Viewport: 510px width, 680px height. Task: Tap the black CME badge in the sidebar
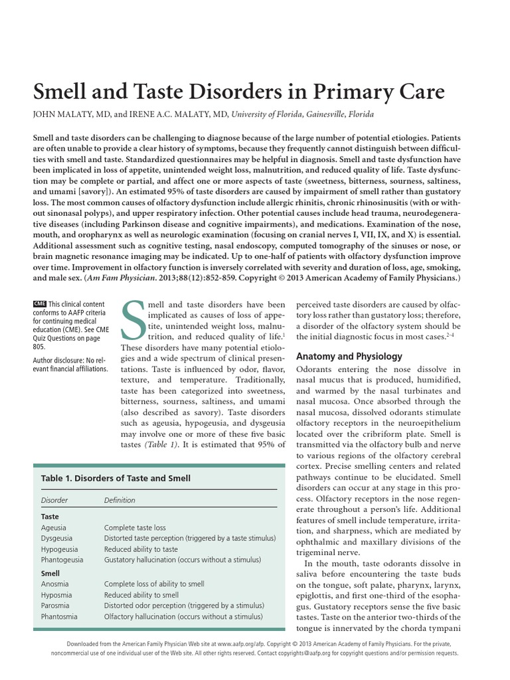pyautogui.click(x=39, y=303)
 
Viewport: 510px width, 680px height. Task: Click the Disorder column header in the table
pyautogui.click(x=54, y=500)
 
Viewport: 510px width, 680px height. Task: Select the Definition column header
pyautogui.click(x=120, y=500)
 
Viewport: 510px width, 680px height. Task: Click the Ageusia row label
pyautogui.click(x=54, y=527)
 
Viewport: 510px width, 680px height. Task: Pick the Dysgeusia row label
pyautogui.click(x=57, y=538)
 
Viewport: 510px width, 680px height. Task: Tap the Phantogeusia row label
pyautogui.click(x=62, y=560)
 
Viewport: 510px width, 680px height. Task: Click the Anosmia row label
pyautogui.click(x=56, y=584)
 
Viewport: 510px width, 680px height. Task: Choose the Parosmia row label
pyautogui.click(x=56, y=606)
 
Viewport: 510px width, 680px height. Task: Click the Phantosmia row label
pyautogui.click(x=60, y=617)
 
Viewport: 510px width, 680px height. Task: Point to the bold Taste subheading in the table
pyautogui.click(x=50, y=516)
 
